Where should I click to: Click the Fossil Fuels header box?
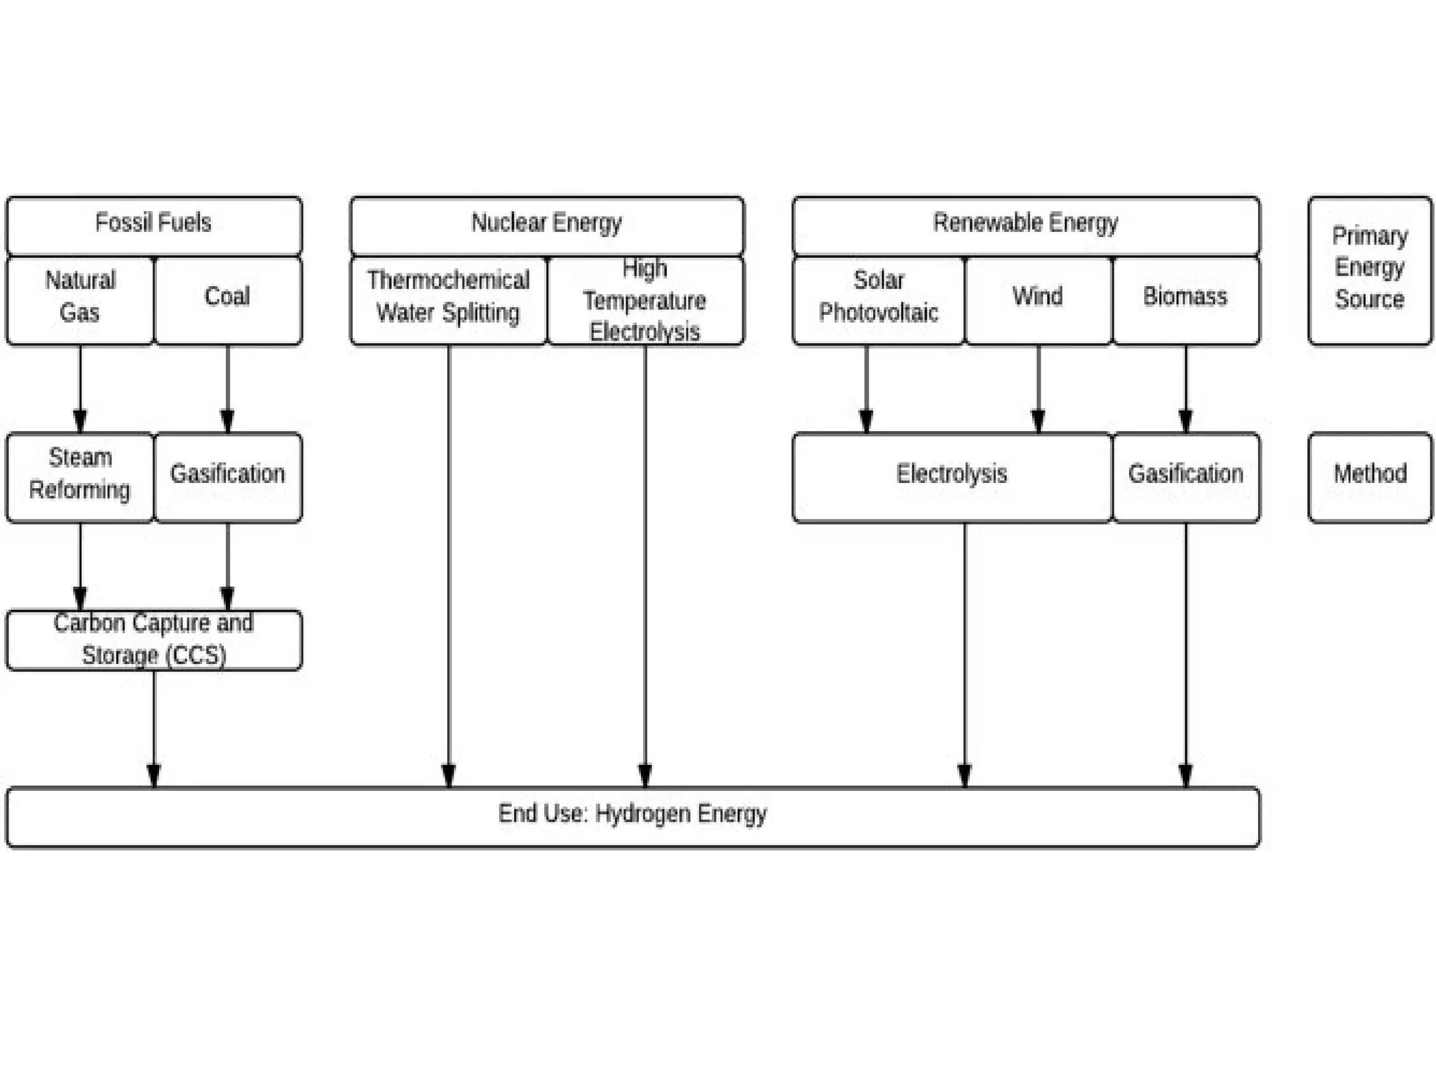[154, 224]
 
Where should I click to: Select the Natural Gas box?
[80, 299]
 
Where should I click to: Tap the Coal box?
[227, 299]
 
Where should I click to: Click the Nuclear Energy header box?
[547, 224]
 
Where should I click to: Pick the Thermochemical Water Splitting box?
[448, 299]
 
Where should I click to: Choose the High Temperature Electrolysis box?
[645, 299]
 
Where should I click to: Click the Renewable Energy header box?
[1026, 224]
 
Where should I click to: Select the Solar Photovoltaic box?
[879, 299]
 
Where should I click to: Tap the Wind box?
[1038, 299]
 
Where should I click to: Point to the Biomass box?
[1186, 299]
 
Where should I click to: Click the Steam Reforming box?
[80, 477]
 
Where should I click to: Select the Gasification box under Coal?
[227, 477]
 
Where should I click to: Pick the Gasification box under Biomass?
[1186, 477]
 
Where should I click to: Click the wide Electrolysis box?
[951, 477]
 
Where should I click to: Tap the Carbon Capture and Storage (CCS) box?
[154, 639]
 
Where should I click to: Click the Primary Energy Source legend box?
[1369, 270]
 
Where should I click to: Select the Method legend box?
[1369, 477]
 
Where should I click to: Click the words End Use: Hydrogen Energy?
[632, 814]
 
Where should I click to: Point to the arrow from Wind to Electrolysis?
[1038, 389]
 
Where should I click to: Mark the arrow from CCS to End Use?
[154, 729]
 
